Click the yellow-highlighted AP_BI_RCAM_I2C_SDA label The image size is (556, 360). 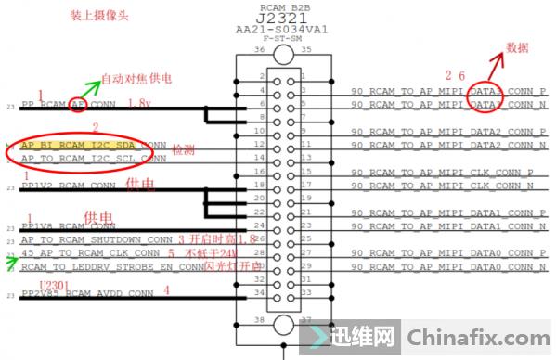83,146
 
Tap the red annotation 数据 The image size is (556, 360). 517,47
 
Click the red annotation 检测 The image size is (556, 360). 184,148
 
